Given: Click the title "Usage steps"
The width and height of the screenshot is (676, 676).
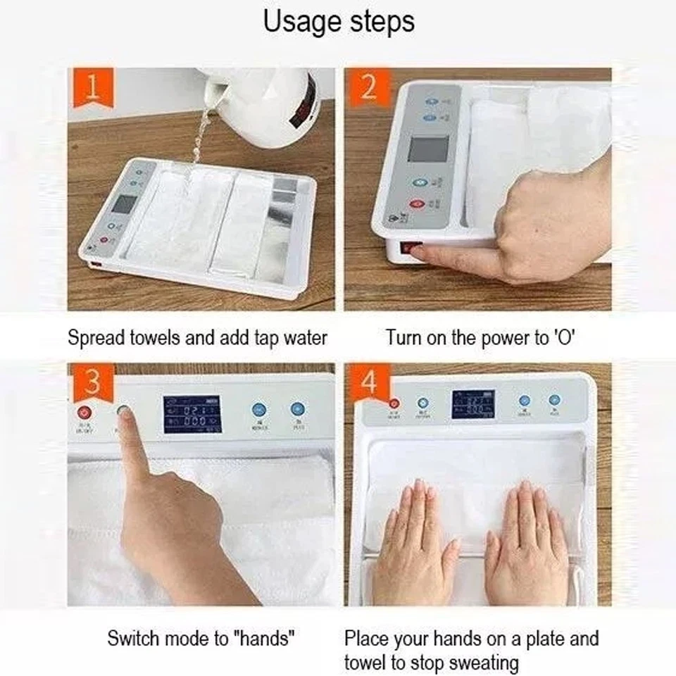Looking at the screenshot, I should pyautogui.click(x=339, y=23).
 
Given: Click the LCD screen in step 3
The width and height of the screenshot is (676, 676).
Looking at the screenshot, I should pyautogui.click(x=192, y=414).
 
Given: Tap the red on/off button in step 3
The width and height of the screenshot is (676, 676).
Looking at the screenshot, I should pyautogui.click(x=85, y=413).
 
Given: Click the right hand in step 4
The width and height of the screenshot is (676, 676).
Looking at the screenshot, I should pyautogui.click(x=522, y=542).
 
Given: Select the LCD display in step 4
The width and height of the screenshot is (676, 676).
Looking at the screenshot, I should pyautogui.click(x=472, y=404).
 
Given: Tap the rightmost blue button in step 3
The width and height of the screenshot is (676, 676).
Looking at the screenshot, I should pyautogui.click(x=297, y=409).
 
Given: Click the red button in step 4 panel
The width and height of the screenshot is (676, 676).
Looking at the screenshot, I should pyautogui.click(x=394, y=403).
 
